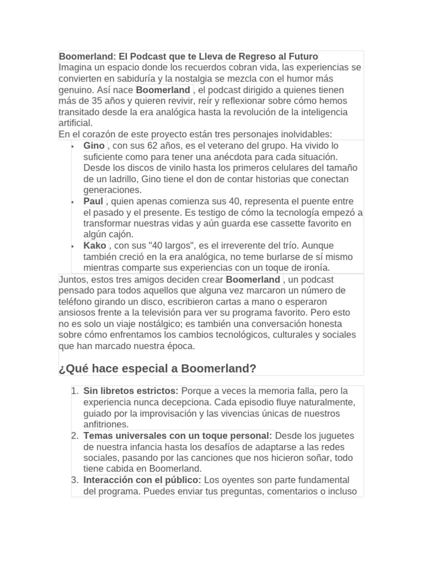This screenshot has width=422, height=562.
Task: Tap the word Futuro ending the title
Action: (x=301, y=57)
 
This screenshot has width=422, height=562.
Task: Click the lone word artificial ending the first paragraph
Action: (x=76, y=123)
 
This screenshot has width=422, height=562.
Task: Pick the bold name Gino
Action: (x=94, y=145)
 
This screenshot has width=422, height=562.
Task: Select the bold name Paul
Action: (x=93, y=201)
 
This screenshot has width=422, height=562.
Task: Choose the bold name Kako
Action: (x=95, y=245)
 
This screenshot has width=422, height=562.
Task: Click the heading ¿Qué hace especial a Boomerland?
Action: (x=157, y=368)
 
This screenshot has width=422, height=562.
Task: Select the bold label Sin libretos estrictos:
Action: (x=131, y=391)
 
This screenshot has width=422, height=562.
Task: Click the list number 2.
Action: (x=75, y=436)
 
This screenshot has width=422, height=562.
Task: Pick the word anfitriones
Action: (x=106, y=424)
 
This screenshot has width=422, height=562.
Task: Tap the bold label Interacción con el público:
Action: (x=142, y=480)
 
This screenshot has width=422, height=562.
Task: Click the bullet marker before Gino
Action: (x=73, y=147)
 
